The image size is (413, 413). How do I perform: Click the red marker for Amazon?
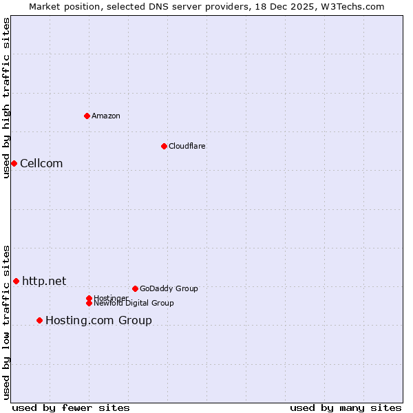87,116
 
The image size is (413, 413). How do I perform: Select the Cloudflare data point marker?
164,146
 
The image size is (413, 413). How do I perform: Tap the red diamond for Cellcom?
14,163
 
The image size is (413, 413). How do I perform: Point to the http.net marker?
16,281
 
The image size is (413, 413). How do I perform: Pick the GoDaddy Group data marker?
135,288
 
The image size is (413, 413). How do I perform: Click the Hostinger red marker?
89,298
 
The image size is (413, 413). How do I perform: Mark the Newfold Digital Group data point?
89,303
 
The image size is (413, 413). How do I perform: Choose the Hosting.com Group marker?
39,320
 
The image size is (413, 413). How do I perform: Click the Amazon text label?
105,116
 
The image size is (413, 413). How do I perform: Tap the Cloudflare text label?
187,146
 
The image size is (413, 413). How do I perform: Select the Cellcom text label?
41,163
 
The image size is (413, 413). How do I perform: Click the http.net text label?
44,281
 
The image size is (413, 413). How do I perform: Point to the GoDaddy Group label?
169,288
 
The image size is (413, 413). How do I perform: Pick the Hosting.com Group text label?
98,320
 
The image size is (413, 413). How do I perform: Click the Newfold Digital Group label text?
134,304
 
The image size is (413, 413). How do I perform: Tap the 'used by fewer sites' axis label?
71,407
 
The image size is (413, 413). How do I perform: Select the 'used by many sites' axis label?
346,407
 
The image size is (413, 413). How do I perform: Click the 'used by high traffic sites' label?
6,98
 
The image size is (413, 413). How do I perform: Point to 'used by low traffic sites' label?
6,322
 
